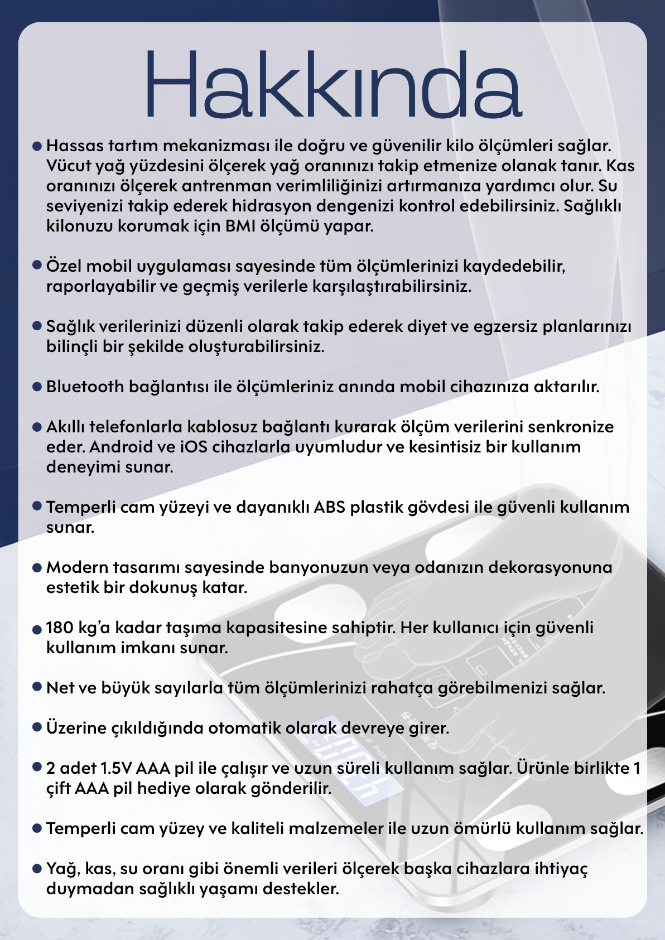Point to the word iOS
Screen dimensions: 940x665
click(x=193, y=447)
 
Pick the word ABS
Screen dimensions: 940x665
click(x=329, y=507)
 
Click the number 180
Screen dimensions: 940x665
click(x=60, y=628)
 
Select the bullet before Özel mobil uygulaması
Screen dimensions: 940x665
click(x=37, y=265)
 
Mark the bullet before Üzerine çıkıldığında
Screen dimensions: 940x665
click(x=37, y=727)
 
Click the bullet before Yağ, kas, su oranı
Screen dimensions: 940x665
click(x=37, y=869)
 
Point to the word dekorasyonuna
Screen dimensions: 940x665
click(x=550, y=567)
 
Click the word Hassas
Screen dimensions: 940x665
click(x=75, y=146)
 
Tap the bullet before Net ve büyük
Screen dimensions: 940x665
click(x=37, y=687)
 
